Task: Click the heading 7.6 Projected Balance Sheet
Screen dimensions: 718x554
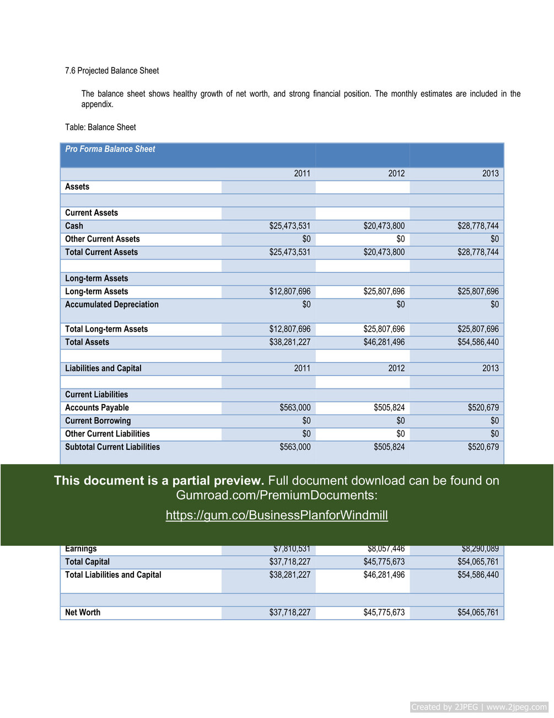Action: (112, 71)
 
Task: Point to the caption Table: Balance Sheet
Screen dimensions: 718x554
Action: (100, 127)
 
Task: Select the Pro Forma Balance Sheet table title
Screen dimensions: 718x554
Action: (110, 149)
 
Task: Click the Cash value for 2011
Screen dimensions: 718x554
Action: (290, 226)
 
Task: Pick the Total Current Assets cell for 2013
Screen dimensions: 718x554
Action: (478, 252)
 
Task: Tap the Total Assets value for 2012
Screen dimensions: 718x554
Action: (384, 342)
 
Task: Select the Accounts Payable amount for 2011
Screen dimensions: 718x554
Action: (295, 408)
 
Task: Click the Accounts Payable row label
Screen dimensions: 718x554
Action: (97, 408)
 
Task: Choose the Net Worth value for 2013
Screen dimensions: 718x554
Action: (478, 613)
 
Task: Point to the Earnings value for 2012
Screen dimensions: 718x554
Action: (386, 549)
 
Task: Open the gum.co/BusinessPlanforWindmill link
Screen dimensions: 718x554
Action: (277, 515)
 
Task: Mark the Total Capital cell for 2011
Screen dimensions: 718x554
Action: (290, 562)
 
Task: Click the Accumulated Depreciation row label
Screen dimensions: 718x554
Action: (112, 305)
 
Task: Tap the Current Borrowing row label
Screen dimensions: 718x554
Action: (98, 421)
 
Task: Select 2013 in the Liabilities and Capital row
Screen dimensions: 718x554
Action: (491, 368)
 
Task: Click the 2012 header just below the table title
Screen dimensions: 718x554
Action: (396, 173)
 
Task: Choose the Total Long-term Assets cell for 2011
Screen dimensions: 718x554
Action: (290, 329)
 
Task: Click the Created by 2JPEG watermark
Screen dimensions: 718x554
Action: (479, 707)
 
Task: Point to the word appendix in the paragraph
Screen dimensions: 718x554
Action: (97, 104)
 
